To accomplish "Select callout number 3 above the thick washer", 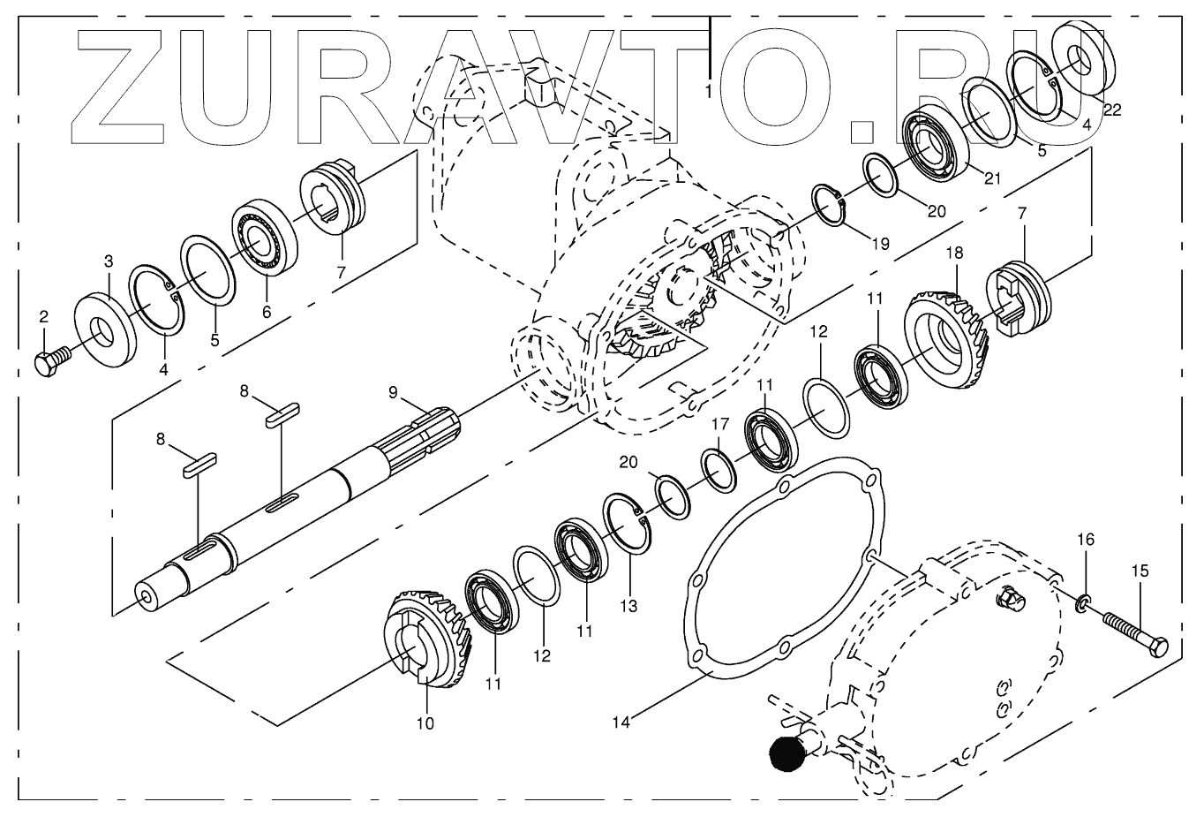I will [109, 261].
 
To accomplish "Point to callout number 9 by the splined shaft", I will [393, 391].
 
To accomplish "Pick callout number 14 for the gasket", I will [622, 722].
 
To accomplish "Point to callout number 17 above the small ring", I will [721, 423].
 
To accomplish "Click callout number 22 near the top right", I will [1112, 110].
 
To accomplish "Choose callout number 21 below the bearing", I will [993, 179].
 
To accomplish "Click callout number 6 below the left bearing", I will [266, 311].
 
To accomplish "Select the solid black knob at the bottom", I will [788, 753].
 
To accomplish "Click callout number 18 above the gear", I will [954, 253].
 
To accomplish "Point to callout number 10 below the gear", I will [425, 723].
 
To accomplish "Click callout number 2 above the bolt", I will [43, 316].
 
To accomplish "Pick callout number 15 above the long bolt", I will [1140, 571].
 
